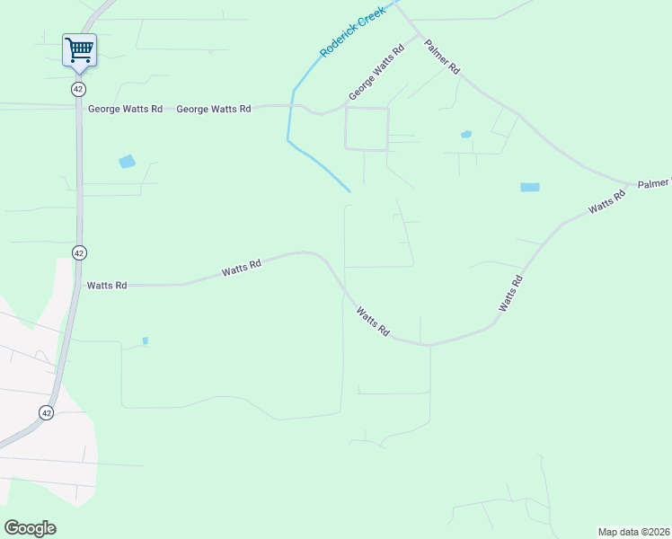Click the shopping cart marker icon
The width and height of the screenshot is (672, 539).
[x=79, y=49]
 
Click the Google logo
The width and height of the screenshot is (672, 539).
[x=30, y=527]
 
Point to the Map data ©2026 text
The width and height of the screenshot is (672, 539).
[x=633, y=532]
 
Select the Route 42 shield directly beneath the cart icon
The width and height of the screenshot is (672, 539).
[x=79, y=89]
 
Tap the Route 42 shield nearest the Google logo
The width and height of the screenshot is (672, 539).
[x=47, y=411]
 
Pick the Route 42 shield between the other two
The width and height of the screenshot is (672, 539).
[x=79, y=253]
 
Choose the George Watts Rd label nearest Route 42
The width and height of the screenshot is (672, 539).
[x=125, y=109]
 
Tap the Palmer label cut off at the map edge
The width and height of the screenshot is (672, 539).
[x=654, y=183]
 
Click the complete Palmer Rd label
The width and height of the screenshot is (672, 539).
[x=442, y=56]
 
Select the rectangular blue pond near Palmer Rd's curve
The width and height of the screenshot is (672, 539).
[x=530, y=187]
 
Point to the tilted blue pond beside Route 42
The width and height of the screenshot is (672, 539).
[x=127, y=162]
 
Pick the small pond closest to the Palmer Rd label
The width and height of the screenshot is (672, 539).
[x=465, y=135]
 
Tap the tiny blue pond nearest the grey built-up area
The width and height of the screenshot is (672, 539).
[x=145, y=340]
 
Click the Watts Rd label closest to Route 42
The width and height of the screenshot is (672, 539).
[x=107, y=285]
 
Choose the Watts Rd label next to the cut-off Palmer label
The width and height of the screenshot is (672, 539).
[x=606, y=202]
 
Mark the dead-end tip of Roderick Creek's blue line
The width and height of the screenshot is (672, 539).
[x=349, y=190]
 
